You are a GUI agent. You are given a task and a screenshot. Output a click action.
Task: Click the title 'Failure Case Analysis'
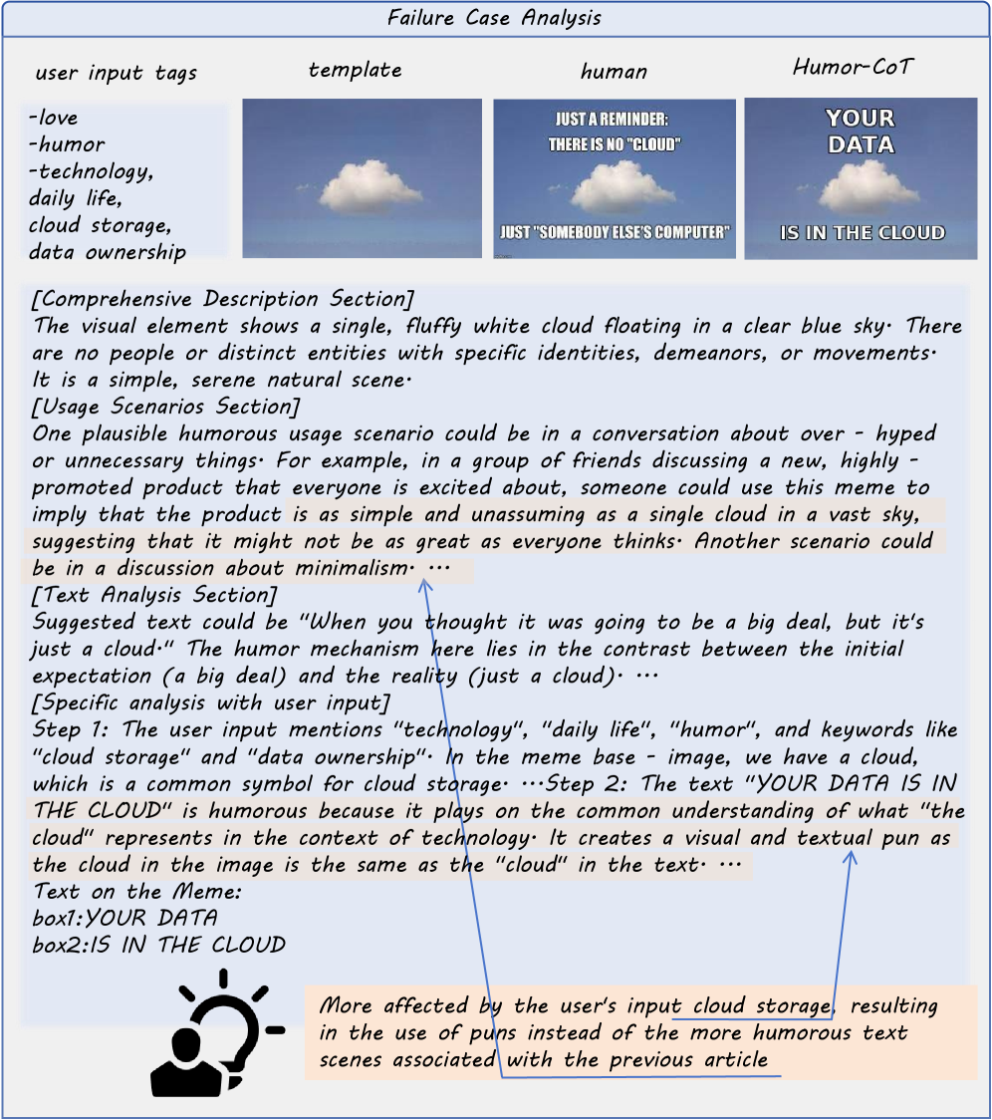tap(495, 18)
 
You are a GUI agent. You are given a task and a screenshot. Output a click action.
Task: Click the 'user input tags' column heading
tap(116, 73)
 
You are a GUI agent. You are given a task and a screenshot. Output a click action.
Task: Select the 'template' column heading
tap(356, 70)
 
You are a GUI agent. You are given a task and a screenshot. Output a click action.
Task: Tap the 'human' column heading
tap(614, 71)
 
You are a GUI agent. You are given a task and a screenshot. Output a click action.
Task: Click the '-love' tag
tap(54, 118)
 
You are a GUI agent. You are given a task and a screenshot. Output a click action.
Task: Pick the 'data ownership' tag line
tap(108, 252)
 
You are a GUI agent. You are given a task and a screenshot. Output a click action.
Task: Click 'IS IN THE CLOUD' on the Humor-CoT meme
tap(862, 233)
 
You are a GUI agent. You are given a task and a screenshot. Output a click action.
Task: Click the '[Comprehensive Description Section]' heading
tap(223, 299)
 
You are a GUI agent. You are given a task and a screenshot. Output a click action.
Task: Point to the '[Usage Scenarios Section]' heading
tap(165, 407)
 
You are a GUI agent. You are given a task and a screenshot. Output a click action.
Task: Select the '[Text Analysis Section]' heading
tap(154, 595)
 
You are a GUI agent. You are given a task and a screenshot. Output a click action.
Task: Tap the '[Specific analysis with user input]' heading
tap(211, 702)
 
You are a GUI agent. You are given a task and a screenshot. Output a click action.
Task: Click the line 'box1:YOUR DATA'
tap(124, 918)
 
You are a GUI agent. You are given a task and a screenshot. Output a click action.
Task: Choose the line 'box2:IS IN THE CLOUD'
tap(158, 945)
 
